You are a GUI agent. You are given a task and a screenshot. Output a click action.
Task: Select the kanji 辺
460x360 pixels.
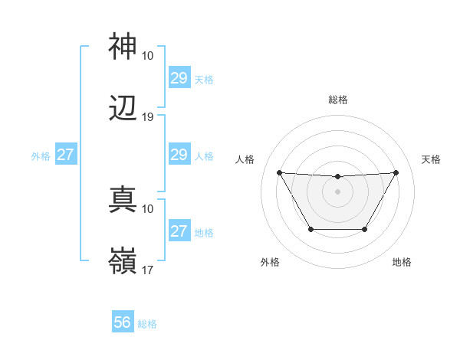click(x=123, y=109)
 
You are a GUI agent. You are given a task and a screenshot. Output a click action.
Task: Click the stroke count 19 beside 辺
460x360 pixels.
click(x=148, y=117)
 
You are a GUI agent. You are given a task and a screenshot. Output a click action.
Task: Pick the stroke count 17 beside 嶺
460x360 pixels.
click(x=148, y=270)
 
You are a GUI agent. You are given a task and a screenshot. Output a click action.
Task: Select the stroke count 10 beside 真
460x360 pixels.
click(x=148, y=208)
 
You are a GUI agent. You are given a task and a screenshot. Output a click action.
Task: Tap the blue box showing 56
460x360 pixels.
click(x=123, y=323)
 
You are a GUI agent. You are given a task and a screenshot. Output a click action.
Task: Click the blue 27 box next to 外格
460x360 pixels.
click(x=65, y=155)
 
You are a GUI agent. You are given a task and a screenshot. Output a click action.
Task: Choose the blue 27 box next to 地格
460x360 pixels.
click(x=179, y=232)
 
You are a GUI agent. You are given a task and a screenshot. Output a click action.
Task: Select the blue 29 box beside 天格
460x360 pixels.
click(x=179, y=78)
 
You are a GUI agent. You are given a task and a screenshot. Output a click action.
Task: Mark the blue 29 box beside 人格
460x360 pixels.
click(x=179, y=155)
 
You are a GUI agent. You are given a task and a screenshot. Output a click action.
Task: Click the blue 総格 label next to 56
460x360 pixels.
click(x=147, y=324)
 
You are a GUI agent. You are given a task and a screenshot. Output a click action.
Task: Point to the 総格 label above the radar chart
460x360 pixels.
click(x=337, y=100)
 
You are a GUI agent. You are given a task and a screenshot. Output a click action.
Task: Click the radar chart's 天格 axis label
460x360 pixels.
click(x=432, y=159)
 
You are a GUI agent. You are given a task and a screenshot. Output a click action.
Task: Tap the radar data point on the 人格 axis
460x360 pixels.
click(x=279, y=172)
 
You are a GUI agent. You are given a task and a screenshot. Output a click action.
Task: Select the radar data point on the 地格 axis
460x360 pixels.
click(x=365, y=229)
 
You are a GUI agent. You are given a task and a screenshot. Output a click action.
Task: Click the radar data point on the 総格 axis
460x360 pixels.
click(x=337, y=177)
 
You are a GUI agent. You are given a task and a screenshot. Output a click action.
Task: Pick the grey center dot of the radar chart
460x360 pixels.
click(x=337, y=191)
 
